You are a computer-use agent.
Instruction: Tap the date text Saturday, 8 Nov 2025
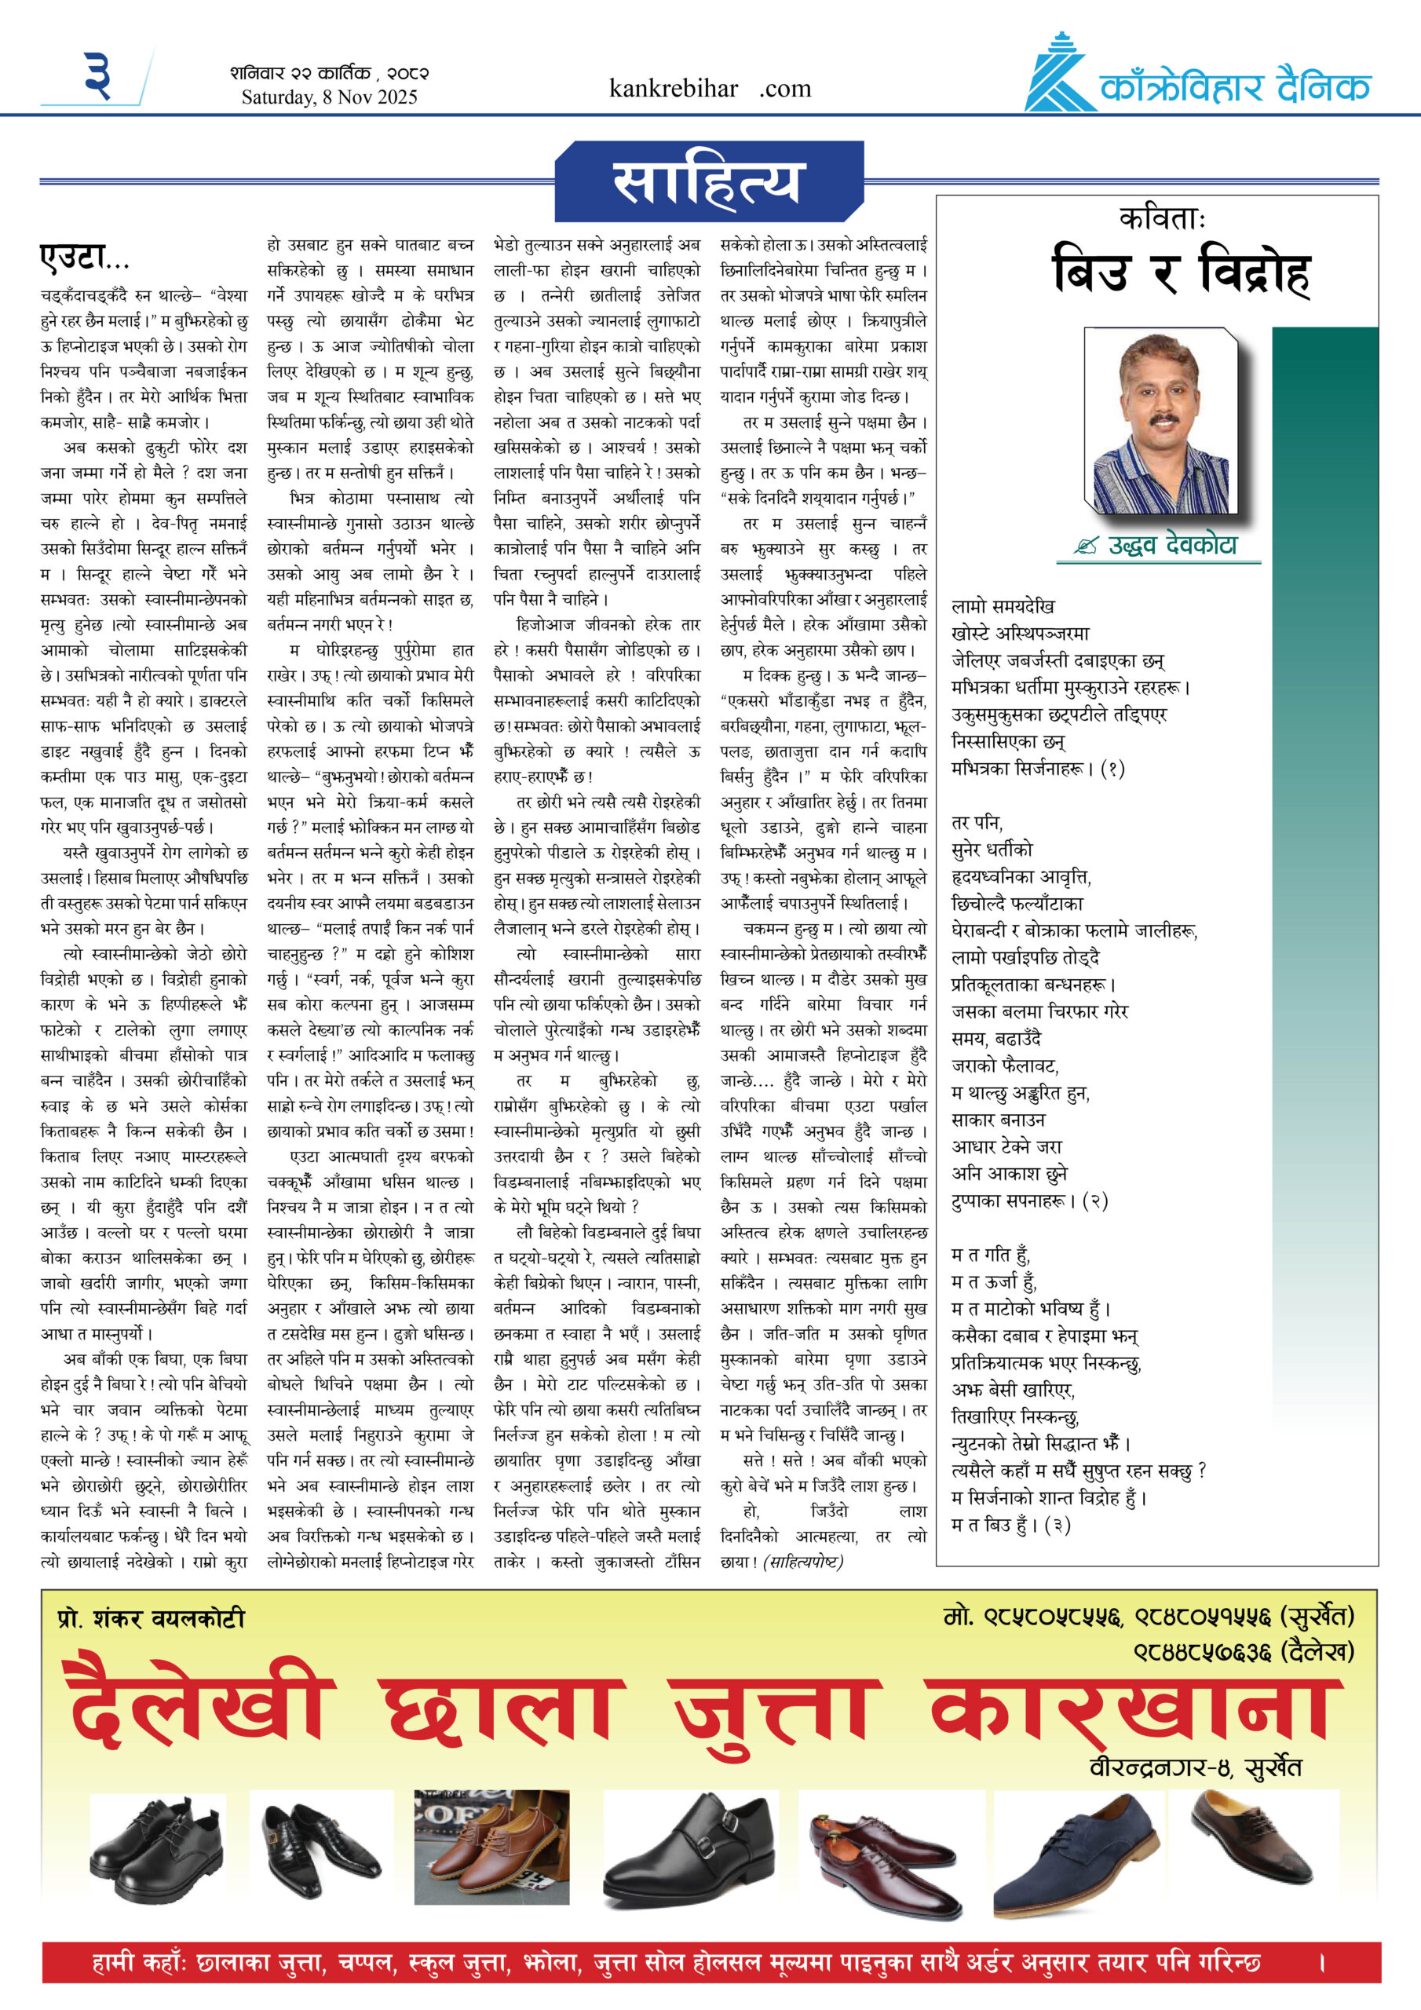pos(329,97)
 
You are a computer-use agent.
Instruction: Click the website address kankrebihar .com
pos(709,89)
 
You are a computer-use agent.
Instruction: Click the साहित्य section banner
pos(707,181)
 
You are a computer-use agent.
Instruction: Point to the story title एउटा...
pos(84,258)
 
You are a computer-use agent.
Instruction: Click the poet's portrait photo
pos(1160,422)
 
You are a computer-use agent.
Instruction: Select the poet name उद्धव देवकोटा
pos(1172,546)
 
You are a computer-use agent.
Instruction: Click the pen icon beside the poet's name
pos(1087,546)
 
